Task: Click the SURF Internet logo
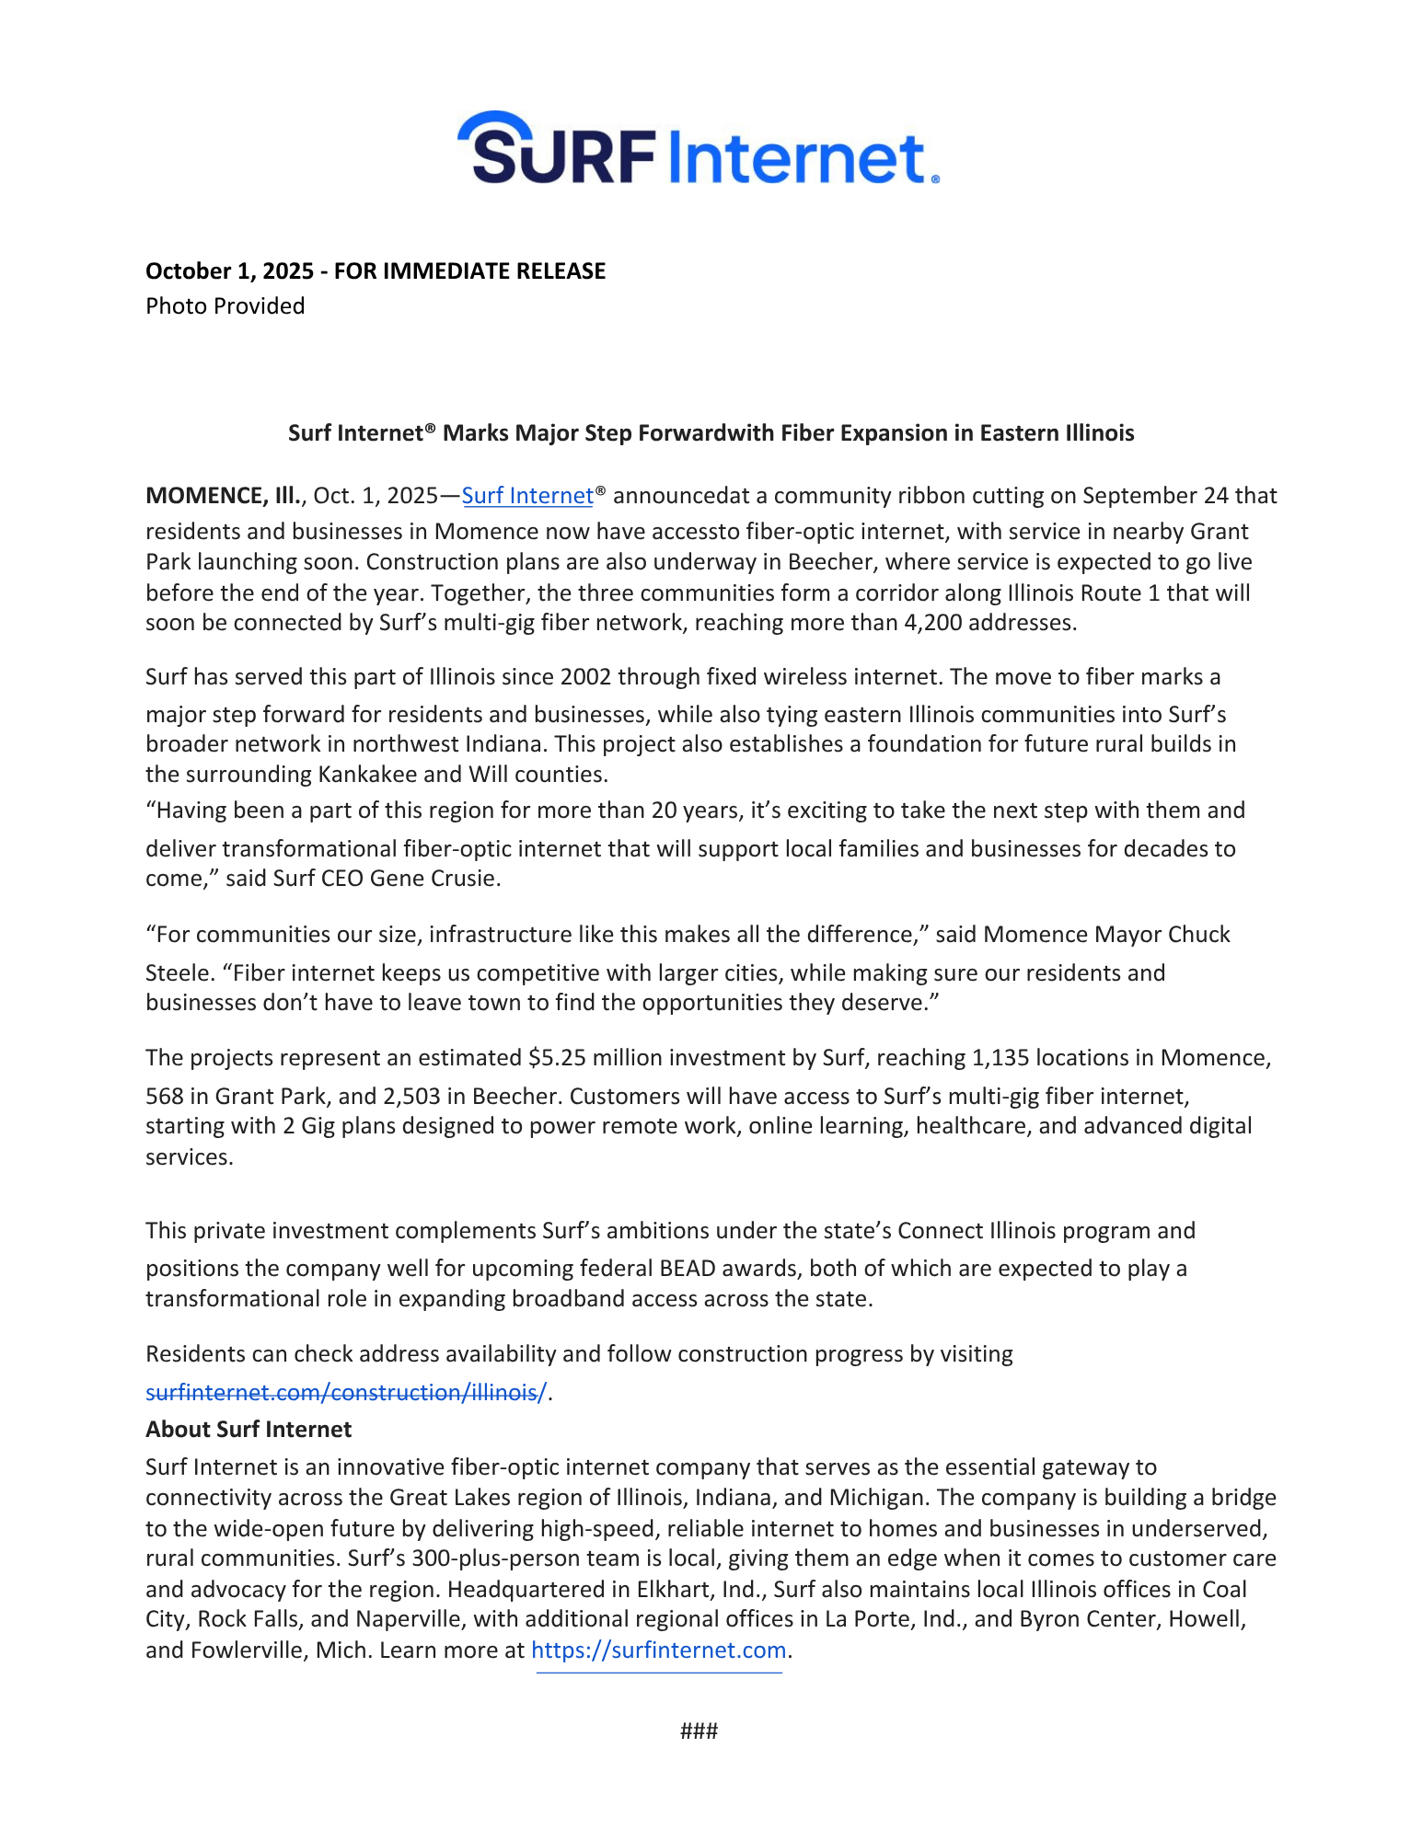pyautogui.click(x=698, y=149)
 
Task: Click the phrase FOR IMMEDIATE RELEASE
pyautogui.click(x=469, y=271)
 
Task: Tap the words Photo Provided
pyautogui.click(x=225, y=306)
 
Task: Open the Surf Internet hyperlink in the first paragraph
pyautogui.click(x=527, y=496)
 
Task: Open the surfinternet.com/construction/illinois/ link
pyautogui.click(x=346, y=1393)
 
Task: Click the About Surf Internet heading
pyautogui.click(x=249, y=1430)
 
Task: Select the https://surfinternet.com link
pyautogui.click(x=659, y=1650)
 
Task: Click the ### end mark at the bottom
pyautogui.click(x=699, y=1731)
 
